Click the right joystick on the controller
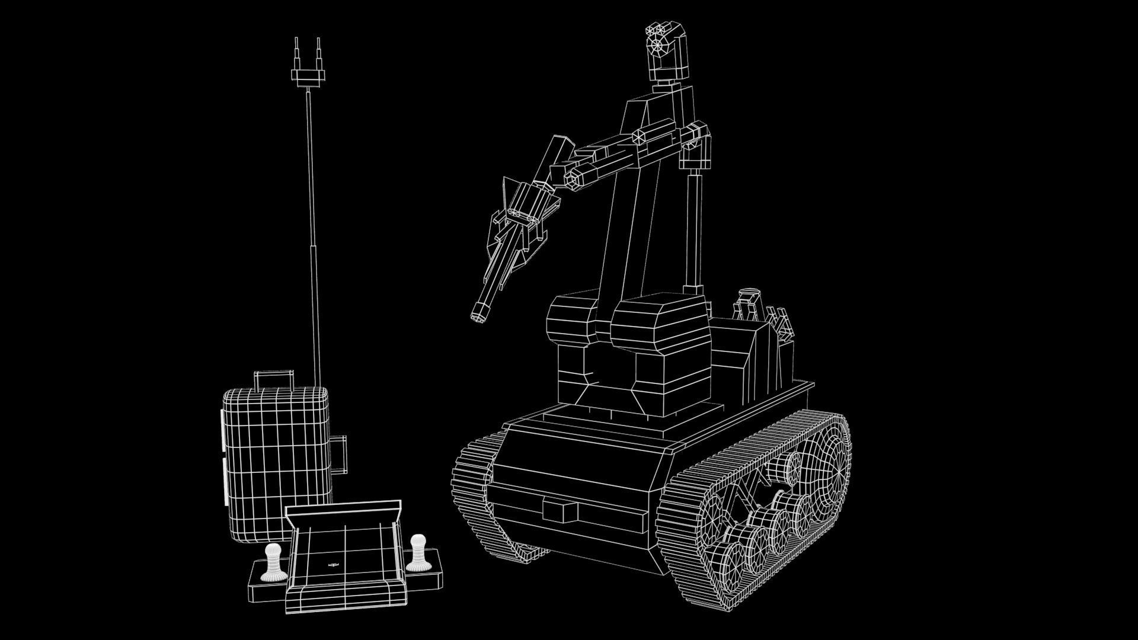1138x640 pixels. click(417, 552)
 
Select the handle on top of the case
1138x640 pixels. click(273, 379)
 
